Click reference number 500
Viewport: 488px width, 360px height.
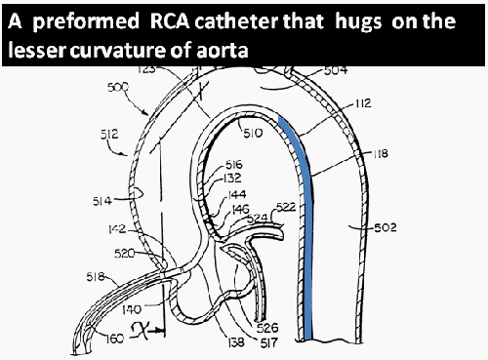click(x=117, y=88)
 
